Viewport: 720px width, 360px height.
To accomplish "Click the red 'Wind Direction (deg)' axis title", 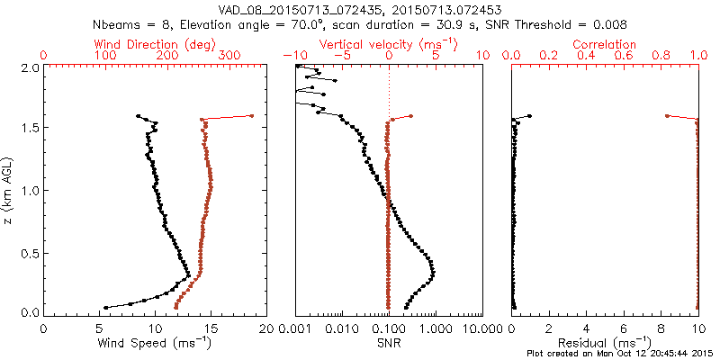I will point(155,44).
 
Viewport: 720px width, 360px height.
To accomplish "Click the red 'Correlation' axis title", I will point(605,44).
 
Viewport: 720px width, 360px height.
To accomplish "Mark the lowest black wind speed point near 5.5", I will point(105,308).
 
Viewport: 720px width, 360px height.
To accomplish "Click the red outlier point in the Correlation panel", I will point(667,115).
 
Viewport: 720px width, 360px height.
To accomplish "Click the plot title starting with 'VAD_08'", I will point(359,8).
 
